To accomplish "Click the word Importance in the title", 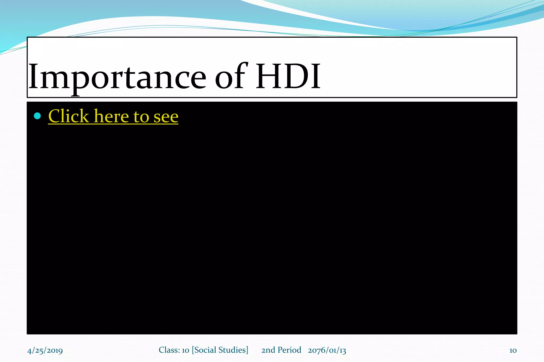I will coord(117,77).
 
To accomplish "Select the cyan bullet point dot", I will coord(37,116).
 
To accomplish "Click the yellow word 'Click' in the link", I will coord(68,116).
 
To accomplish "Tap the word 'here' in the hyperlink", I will coord(112,116).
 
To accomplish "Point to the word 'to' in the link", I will coord(141,117).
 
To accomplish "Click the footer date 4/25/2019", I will coord(45,351).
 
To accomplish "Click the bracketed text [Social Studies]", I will coord(220,350).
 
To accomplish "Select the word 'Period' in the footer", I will coord(289,350).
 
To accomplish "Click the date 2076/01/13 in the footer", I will coord(327,350).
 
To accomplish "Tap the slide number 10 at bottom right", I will coord(513,351).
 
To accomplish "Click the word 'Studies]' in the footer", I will coord(233,350).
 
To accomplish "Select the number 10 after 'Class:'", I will coord(185,350).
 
